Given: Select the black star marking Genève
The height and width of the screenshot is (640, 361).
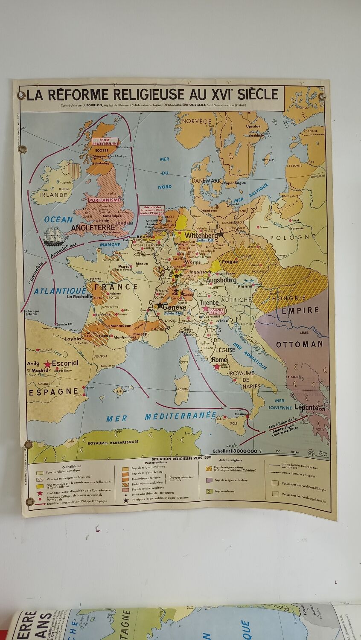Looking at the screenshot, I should pos(160,305).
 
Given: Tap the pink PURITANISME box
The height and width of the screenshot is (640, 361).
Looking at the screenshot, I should pos(105,200).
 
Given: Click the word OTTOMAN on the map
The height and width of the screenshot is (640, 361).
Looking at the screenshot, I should pos(299,344).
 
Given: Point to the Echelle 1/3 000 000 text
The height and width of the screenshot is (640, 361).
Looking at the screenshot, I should pos(235,451).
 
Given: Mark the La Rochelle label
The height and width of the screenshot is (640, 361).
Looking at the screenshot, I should pos(79,297).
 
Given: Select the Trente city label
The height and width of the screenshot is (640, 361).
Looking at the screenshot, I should pos(209,303).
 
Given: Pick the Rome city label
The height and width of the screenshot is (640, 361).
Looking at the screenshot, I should pos(219,360).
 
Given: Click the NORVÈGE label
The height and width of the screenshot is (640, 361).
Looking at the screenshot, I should pos(196,121).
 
